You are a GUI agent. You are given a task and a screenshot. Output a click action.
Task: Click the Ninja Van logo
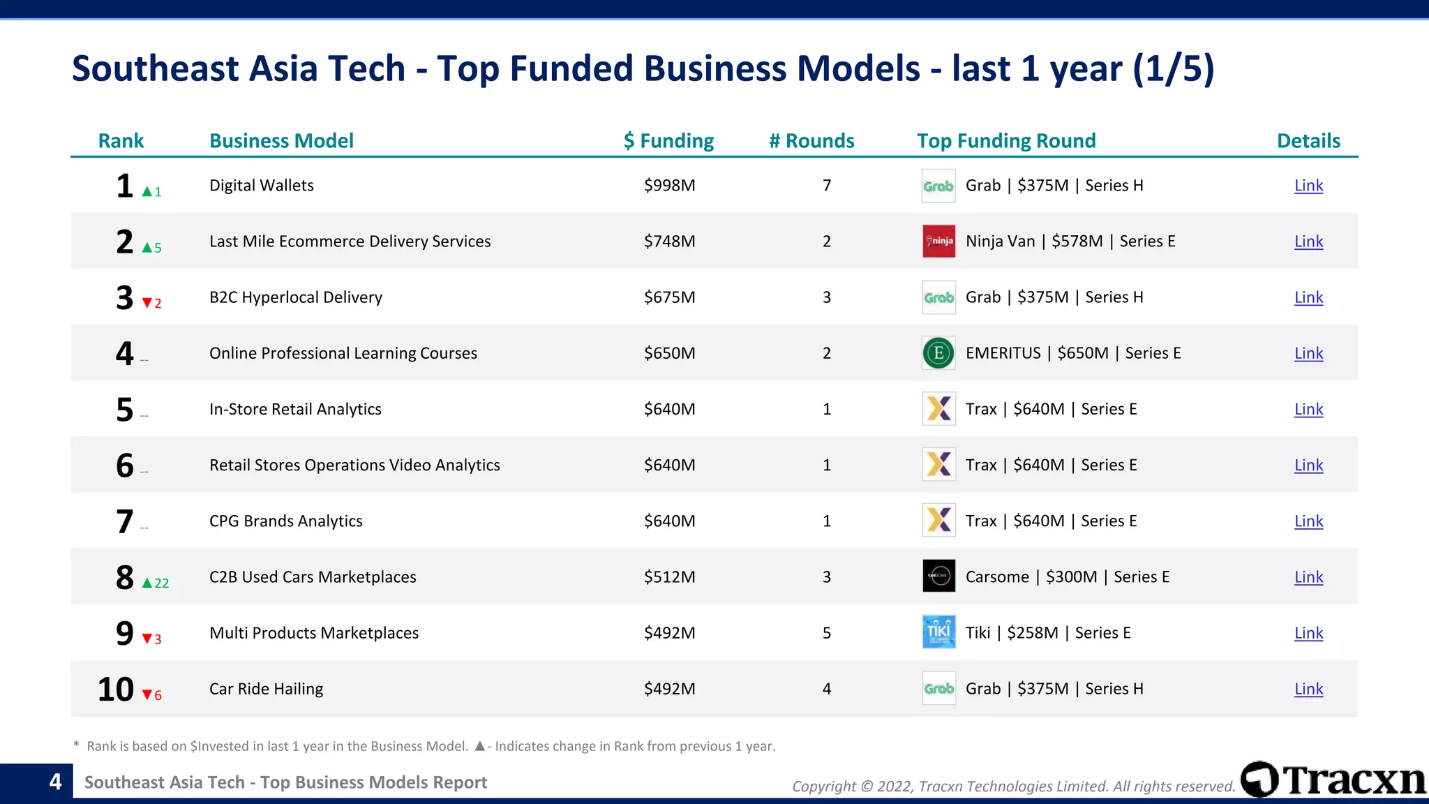pyautogui.click(x=938, y=241)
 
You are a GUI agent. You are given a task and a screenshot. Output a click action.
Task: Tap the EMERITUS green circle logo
pyautogui.click(x=938, y=353)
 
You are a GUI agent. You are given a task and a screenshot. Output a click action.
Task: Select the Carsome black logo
pyautogui.click(x=938, y=576)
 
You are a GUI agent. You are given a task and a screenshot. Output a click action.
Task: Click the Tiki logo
pyautogui.click(x=938, y=632)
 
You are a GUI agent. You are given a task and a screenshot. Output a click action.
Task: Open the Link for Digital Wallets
pyautogui.click(x=1308, y=186)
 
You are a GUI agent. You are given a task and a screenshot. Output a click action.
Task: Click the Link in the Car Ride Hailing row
pyautogui.click(x=1308, y=689)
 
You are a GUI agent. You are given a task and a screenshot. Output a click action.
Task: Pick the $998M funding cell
pyautogui.click(x=669, y=186)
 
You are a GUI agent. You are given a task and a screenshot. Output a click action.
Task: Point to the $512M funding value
pyautogui.click(x=669, y=577)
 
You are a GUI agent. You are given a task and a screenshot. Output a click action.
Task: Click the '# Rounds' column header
pyautogui.click(x=811, y=141)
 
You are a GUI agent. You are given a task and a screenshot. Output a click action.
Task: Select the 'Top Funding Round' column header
pyautogui.click(x=1006, y=141)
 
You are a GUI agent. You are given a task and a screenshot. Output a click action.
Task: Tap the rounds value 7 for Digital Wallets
pyautogui.click(x=827, y=186)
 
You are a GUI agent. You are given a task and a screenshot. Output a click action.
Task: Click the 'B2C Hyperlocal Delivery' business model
pyautogui.click(x=296, y=297)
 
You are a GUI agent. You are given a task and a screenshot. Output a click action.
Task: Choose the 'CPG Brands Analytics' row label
pyautogui.click(x=286, y=521)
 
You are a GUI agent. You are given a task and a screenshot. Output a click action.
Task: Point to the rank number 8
pyautogui.click(x=125, y=577)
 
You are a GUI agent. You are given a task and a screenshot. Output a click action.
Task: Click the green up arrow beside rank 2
pyautogui.click(x=147, y=248)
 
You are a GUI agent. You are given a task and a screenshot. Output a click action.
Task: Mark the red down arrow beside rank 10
pyautogui.click(x=147, y=695)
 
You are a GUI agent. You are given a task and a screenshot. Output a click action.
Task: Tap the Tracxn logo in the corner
pyautogui.click(x=1333, y=780)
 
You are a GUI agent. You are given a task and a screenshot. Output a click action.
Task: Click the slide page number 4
pyautogui.click(x=56, y=782)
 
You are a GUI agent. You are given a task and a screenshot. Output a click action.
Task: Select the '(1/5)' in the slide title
pyautogui.click(x=1174, y=69)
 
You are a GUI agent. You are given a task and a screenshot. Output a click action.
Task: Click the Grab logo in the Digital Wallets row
pyautogui.click(x=938, y=186)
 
